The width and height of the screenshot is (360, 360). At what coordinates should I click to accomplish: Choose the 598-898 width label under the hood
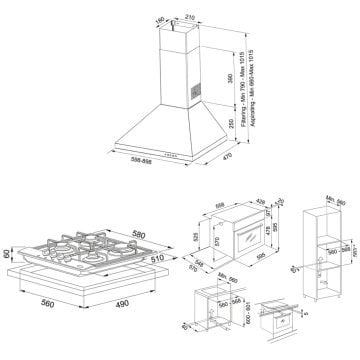(154, 163)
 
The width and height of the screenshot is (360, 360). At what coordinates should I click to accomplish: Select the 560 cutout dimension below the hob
(46, 310)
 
